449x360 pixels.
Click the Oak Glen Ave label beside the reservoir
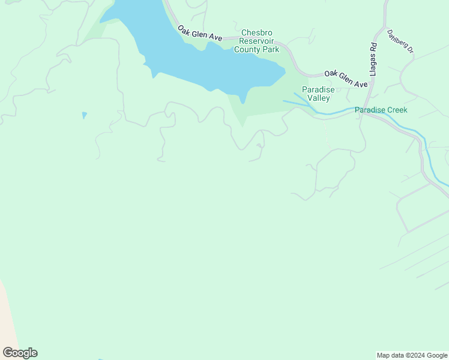coord(200,32)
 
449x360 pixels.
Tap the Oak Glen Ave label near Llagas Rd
coord(346,79)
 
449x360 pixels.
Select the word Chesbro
coord(257,33)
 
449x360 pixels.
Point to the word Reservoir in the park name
coord(257,41)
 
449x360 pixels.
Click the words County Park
coord(257,50)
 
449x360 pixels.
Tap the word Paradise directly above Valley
coord(318,89)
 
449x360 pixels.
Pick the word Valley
coord(318,98)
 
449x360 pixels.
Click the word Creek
coord(397,110)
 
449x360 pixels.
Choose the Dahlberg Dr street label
coord(400,41)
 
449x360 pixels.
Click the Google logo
coord(20,352)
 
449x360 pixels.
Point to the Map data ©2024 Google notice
coord(412,355)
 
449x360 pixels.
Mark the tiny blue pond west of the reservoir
coord(85,115)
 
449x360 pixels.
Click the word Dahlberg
coord(397,38)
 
